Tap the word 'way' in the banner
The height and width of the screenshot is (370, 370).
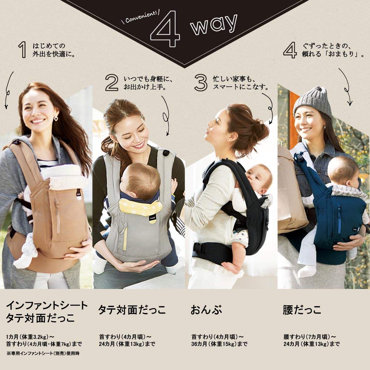tap(213, 25)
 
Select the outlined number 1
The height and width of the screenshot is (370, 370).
tap(23, 50)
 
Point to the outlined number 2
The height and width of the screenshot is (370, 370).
tap(111, 83)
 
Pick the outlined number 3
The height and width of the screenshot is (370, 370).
tap(200, 83)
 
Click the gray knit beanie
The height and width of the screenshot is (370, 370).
tap(313, 101)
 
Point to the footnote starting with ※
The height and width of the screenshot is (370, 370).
tap(43, 353)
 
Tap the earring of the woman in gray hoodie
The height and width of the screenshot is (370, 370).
tap(56, 119)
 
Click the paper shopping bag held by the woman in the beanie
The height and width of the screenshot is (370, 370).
tap(291, 192)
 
